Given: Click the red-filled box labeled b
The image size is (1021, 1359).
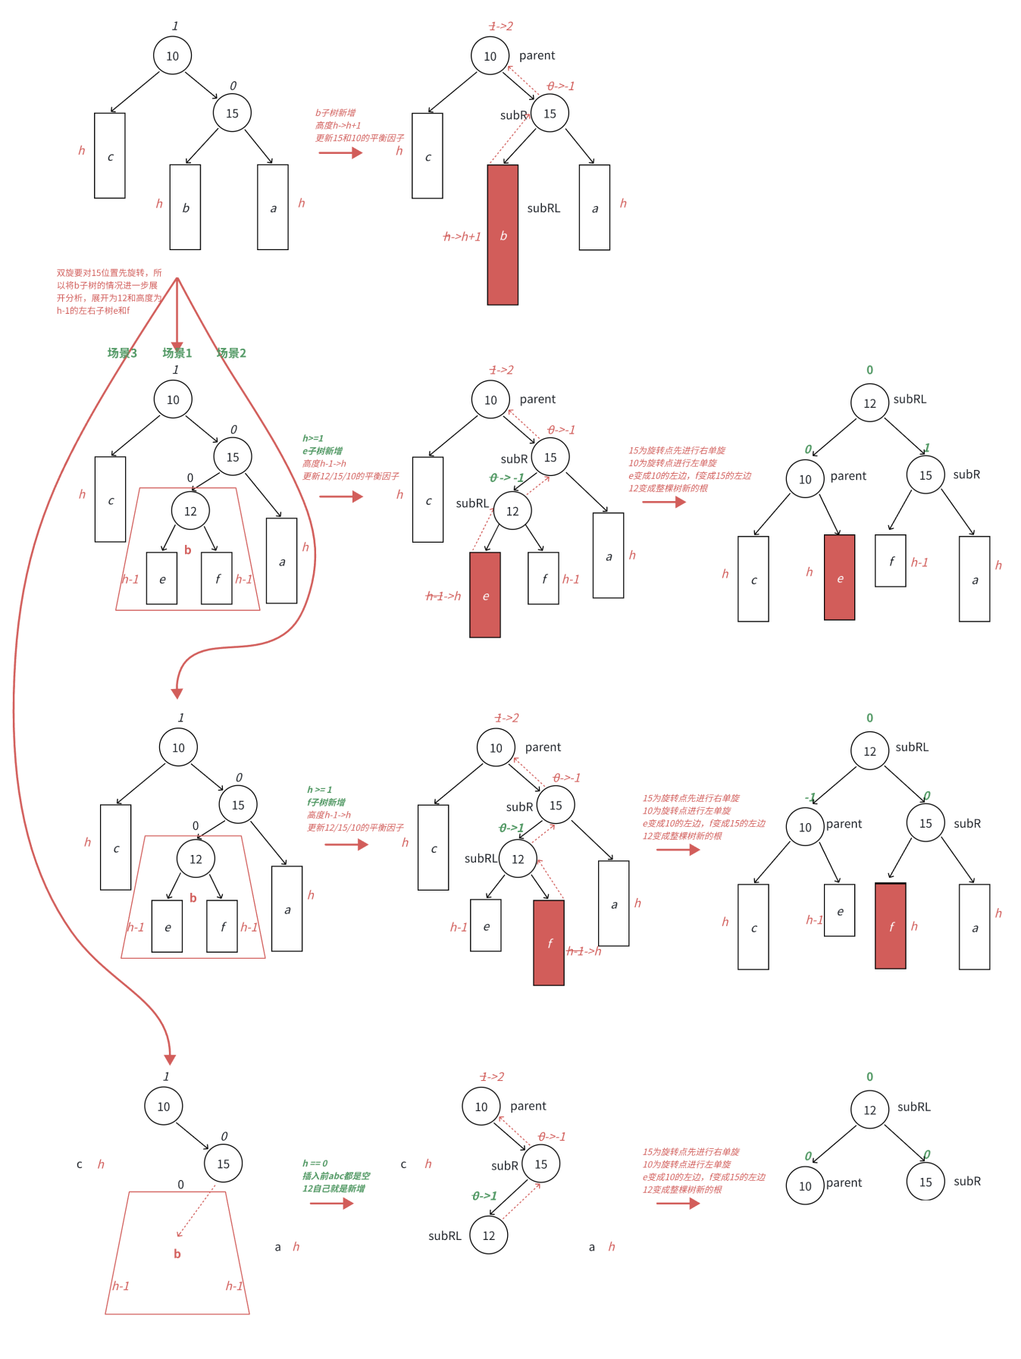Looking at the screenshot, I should (503, 235).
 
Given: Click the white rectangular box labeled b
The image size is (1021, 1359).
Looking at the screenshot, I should (185, 207).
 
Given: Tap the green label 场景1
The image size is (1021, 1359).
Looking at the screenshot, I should (177, 353).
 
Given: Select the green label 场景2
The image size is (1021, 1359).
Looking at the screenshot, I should (231, 353).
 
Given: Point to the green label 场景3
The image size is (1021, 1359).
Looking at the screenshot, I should (122, 353).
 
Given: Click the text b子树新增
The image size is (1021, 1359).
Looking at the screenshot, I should (336, 113).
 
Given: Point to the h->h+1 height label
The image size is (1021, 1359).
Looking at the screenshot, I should (462, 236).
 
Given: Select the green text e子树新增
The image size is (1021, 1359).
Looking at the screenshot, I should (323, 451).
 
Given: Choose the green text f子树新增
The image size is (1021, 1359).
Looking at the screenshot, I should (326, 802).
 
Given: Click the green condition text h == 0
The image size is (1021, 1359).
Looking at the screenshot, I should (315, 1163).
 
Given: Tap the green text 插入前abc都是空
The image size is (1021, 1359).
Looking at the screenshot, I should (336, 1176).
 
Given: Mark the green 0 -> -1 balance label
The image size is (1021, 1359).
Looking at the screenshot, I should (507, 478).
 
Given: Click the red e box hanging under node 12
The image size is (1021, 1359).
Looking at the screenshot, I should (485, 595).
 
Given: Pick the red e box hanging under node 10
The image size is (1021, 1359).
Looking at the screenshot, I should (839, 578).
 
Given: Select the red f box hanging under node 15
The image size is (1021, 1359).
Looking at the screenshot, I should (891, 925).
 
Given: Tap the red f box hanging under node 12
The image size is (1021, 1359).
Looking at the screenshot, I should (549, 942).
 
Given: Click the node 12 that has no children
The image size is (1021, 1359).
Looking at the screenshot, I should (489, 1235).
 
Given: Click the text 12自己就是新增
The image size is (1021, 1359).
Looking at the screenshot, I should (334, 1188).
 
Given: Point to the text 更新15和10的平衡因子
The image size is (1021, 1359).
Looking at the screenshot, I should (359, 138).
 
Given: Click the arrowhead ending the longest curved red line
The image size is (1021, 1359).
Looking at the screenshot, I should (170, 1060).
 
